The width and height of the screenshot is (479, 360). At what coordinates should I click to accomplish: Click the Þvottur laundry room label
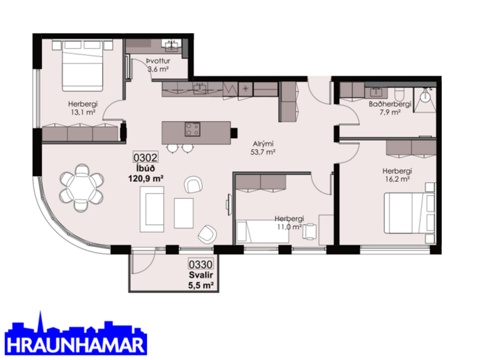point(157,60)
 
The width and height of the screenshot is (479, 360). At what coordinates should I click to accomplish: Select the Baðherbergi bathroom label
point(390,105)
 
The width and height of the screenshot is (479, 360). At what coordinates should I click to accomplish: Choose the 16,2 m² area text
point(398,179)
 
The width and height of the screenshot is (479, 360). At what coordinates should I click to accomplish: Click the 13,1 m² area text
point(82,112)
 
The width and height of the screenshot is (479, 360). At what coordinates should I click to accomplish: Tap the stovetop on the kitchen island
point(192,128)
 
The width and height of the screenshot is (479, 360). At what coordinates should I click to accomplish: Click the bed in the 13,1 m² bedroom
point(79,64)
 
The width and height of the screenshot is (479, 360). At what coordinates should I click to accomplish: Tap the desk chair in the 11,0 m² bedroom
point(312,231)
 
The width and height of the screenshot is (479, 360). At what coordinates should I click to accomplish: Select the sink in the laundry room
point(172,45)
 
